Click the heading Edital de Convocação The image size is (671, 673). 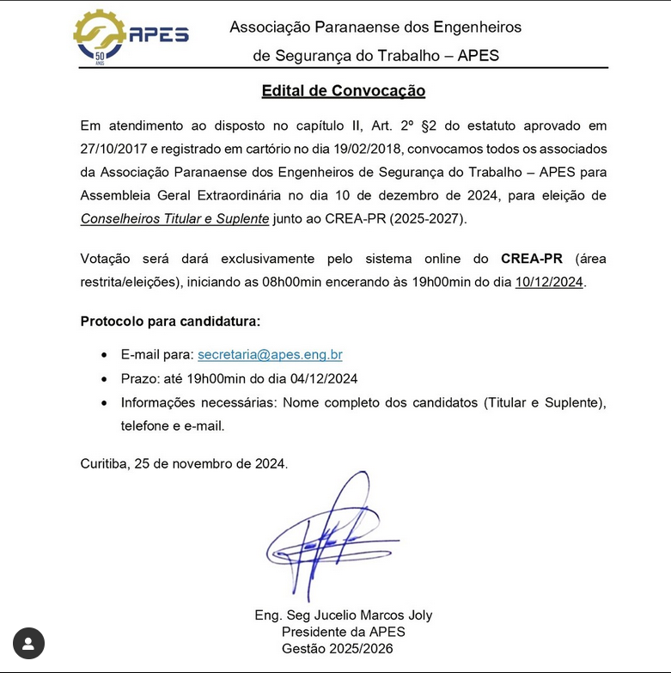click(343, 91)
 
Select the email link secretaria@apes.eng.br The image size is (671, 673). click(270, 354)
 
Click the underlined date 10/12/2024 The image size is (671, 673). click(549, 282)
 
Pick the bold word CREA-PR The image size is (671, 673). click(531, 259)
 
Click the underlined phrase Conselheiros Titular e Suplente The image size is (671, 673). click(174, 219)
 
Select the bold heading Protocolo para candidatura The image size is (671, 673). click(170, 321)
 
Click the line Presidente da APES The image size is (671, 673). click(343, 632)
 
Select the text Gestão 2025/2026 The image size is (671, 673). click(343, 648)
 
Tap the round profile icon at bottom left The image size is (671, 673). click(28, 643)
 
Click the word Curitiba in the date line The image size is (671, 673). click(103, 463)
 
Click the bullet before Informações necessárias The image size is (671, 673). click(104, 403)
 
